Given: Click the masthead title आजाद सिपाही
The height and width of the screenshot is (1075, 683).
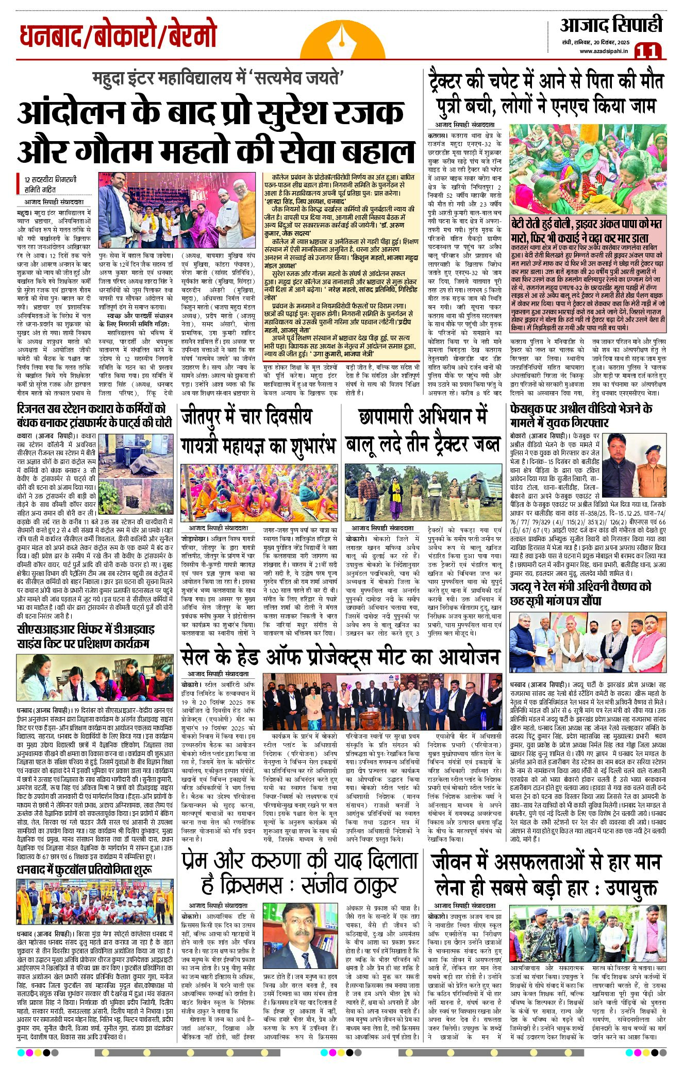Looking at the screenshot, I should tap(611, 25).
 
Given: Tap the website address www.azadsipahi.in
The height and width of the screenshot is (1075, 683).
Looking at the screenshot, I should tap(604, 50).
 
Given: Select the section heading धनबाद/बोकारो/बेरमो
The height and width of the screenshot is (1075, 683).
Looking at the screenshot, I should tap(118, 36).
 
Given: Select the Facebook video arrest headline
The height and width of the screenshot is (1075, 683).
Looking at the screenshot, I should tap(581, 416).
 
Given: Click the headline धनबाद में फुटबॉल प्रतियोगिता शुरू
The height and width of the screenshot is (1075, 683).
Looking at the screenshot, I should tap(85, 870).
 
